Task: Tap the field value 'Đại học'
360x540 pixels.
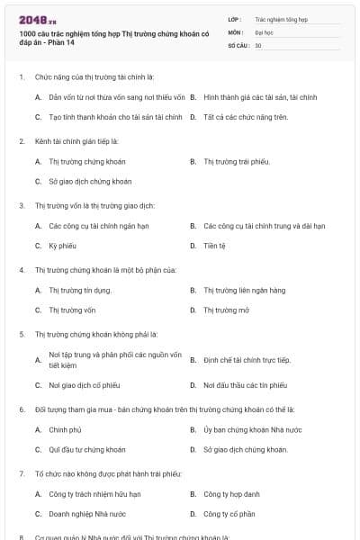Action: click(265, 31)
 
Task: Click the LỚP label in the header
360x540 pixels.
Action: click(235, 18)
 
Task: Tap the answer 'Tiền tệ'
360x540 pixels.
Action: click(214, 245)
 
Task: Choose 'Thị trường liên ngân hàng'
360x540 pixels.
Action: click(244, 290)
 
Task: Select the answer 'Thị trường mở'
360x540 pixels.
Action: click(225, 310)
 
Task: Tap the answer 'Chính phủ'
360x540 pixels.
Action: click(65, 429)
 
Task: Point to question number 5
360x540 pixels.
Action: click(22, 334)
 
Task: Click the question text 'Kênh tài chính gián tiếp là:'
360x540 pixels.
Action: click(76, 141)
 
